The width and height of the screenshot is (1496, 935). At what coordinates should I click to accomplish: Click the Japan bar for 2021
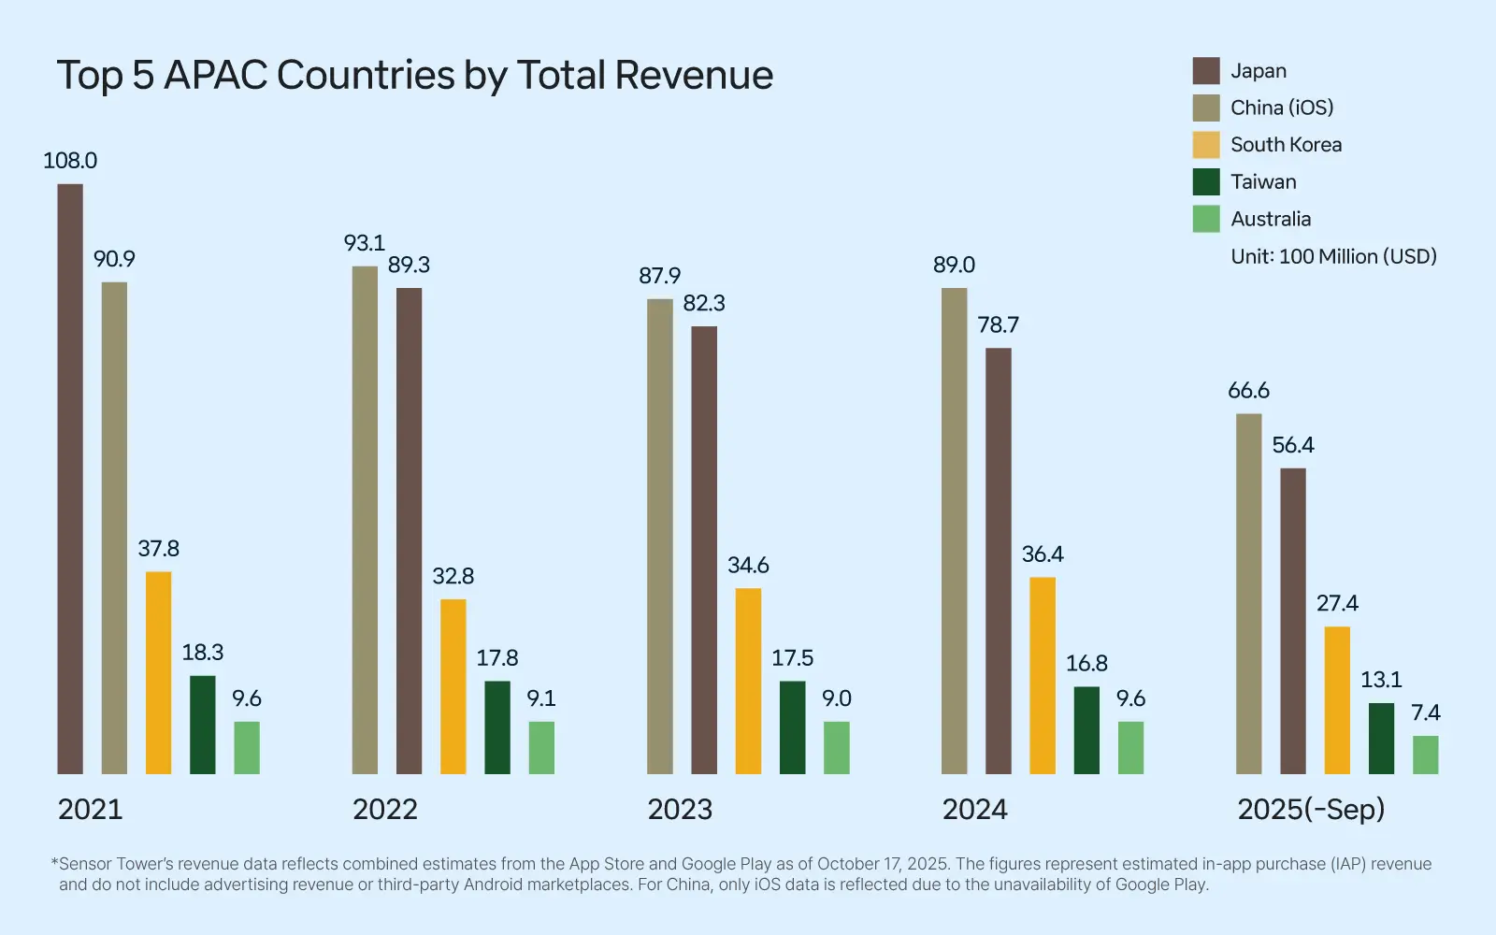[70, 479]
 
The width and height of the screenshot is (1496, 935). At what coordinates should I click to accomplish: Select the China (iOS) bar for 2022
[365, 520]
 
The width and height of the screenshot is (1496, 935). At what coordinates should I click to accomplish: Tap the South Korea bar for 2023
[748, 681]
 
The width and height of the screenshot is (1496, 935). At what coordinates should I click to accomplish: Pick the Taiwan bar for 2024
[1086, 730]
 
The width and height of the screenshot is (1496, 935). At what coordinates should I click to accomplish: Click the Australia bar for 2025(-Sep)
[1425, 755]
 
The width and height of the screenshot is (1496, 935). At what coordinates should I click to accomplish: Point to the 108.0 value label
[70, 161]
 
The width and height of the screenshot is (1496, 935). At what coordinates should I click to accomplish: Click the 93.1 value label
[364, 243]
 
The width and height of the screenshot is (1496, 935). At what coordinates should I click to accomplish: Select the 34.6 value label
[748, 566]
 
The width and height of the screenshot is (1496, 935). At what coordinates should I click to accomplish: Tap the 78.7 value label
[998, 325]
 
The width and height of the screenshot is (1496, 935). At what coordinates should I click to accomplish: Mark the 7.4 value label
[1425, 713]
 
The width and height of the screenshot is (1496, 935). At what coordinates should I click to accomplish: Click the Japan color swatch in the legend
[1206, 71]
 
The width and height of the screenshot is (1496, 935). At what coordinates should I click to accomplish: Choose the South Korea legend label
[1286, 145]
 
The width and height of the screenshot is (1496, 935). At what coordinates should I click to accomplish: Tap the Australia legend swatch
[1206, 219]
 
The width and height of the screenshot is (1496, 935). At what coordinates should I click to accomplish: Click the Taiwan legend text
[1263, 182]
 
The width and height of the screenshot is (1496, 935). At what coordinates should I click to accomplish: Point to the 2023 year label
[680, 810]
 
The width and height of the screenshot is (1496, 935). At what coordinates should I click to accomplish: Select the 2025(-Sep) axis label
[1311, 810]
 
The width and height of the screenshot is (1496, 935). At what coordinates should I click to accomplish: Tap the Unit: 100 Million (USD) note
[1333, 256]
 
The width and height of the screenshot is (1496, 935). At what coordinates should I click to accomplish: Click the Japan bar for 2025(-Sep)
[1293, 621]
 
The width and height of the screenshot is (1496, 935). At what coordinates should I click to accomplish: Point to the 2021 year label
[90, 810]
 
